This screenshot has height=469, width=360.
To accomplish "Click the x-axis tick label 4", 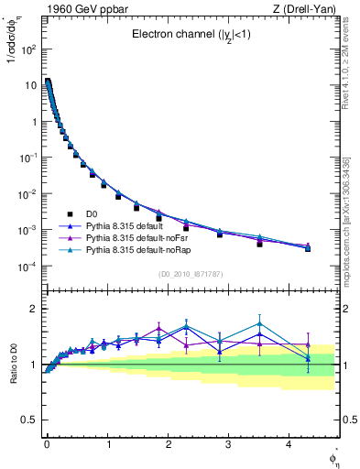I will (x=289, y=443).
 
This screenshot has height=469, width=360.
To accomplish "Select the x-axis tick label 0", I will (x=47, y=443).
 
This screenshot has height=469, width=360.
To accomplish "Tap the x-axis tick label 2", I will (x=169, y=443).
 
